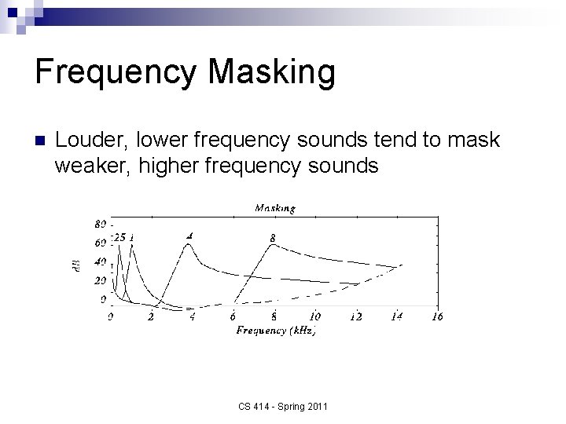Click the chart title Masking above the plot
pyautogui.click(x=274, y=208)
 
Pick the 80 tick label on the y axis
pyautogui.click(x=101, y=223)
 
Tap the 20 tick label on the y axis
pyautogui.click(x=101, y=280)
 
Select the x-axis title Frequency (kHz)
pyautogui.click(x=275, y=330)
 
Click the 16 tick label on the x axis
pyautogui.click(x=437, y=316)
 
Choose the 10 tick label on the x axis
pyautogui.click(x=314, y=316)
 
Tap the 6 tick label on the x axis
pyautogui.click(x=233, y=316)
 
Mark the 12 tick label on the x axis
pyautogui.click(x=355, y=316)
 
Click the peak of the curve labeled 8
pyautogui.click(x=273, y=245)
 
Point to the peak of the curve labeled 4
pyautogui.click(x=189, y=243)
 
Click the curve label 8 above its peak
pyautogui.click(x=273, y=236)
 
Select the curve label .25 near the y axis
pyautogui.click(x=118, y=236)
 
